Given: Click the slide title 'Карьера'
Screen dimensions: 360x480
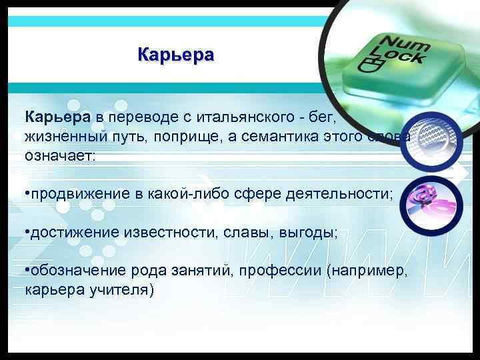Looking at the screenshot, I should [176, 54].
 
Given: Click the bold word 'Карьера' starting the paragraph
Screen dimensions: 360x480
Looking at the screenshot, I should [58, 118].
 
